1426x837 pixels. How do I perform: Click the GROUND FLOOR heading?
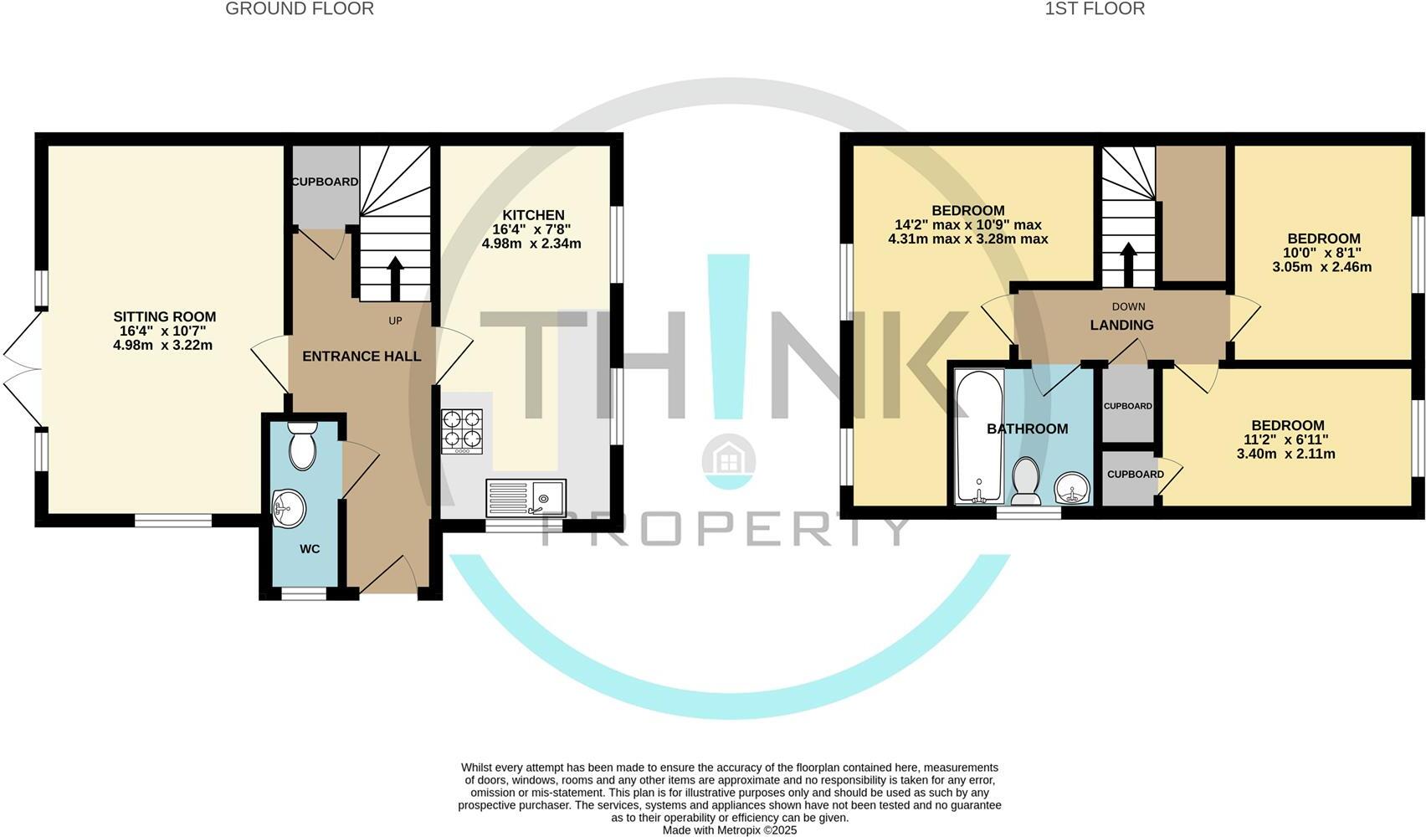pyautogui.click(x=300, y=8)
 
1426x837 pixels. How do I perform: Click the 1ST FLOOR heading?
pyautogui.click(x=1095, y=8)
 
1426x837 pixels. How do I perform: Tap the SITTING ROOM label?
pyautogui.click(x=165, y=316)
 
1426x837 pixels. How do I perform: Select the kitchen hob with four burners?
pyautogui.click(x=462, y=431)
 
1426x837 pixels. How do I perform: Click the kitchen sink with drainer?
pyautogui.click(x=526, y=497)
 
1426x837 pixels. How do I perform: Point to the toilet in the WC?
pyautogui.click(x=302, y=445)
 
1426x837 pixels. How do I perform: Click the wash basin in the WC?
pyautogui.click(x=289, y=509)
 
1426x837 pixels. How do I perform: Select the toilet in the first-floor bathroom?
pyautogui.click(x=1026, y=481)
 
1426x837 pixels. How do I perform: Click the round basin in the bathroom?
pyautogui.click(x=1073, y=488)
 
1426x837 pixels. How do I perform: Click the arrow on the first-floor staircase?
pyautogui.click(x=1129, y=264)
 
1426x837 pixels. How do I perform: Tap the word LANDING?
pyautogui.click(x=1121, y=326)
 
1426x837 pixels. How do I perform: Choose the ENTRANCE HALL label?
pyautogui.click(x=362, y=357)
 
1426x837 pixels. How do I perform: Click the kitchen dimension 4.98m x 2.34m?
pyautogui.click(x=531, y=244)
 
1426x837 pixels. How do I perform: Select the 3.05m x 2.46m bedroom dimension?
pyautogui.click(x=1322, y=267)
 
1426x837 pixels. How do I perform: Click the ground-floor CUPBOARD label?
pyautogui.click(x=325, y=182)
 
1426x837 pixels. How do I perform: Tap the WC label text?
pyautogui.click(x=310, y=549)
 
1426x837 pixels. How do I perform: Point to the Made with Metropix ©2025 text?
pyautogui.click(x=730, y=830)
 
